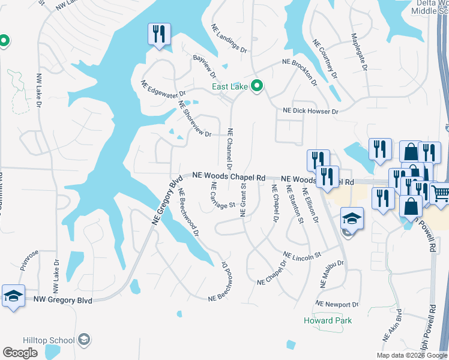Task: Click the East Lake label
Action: (x=231, y=87)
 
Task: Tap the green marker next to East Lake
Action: (x=258, y=87)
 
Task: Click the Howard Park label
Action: (x=328, y=320)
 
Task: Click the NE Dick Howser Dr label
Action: (x=311, y=112)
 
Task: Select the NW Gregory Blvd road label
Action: (x=63, y=299)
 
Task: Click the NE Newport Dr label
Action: (x=337, y=305)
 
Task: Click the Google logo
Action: (x=20, y=353)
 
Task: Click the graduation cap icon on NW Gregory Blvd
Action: (x=13, y=296)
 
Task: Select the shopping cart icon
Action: (x=441, y=193)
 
